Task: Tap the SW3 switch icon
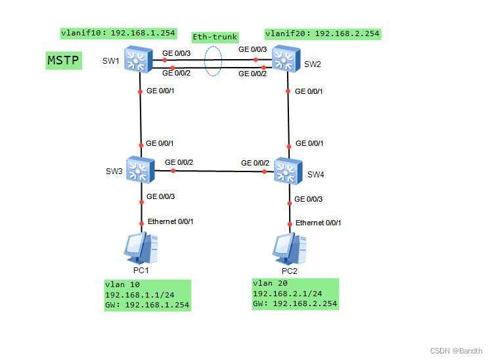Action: click(x=140, y=170)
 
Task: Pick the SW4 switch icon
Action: click(x=287, y=171)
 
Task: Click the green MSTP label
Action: click(x=64, y=61)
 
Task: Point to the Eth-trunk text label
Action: click(x=214, y=37)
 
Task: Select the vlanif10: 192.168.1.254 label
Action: click(x=118, y=32)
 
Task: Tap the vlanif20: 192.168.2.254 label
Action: click(x=322, y=34)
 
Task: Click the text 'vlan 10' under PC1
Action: click(x=122, y=285)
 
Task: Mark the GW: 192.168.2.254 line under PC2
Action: click(x=295, y=304)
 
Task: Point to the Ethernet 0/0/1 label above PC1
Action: click(x=170, y=221)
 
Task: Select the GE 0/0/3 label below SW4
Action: click(x=308, y=199)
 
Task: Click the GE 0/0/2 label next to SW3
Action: click(x=179, y=162)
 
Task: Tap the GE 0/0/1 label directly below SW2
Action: click(x=309, y=91)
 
